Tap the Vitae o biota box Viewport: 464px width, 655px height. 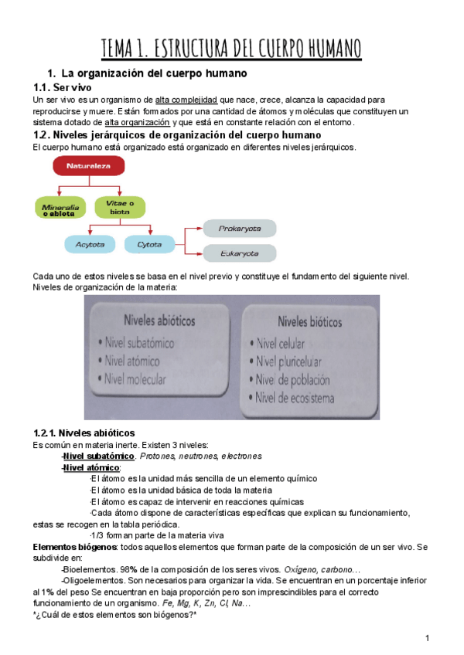point(120,207)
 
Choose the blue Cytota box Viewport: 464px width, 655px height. point(149,245)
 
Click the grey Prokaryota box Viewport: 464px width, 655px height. point(240,229)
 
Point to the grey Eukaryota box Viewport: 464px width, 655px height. point(240,253)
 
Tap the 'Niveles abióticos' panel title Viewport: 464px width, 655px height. point(155,319)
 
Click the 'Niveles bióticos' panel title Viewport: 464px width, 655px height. point(302,319)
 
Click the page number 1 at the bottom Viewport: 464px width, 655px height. point(427,637)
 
